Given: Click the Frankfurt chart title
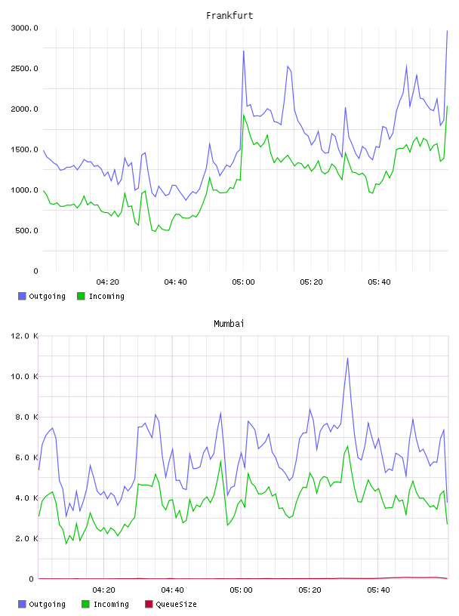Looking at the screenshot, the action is pos(229,16).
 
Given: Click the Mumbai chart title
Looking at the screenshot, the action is pos(229,324).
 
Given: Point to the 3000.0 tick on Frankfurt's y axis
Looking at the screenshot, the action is pos(25,28).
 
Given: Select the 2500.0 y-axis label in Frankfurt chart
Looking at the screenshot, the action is pos(25,69).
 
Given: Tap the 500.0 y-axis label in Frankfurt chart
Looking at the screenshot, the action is pos(26,230).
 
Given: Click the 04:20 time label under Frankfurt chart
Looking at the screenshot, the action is pos(107,282).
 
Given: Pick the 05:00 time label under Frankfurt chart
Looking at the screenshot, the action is pos(243,282).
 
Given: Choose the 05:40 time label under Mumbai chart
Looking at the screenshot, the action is pos(378,590).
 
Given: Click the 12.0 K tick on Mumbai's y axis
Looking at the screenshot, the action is pos(25,336).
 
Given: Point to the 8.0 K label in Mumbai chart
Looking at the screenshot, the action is pos(26,417).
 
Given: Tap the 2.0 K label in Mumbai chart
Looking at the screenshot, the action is pos(26,538).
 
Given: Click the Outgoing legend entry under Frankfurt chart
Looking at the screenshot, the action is pos(42,296).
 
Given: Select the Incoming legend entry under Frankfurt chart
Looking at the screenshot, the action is pos(101,296).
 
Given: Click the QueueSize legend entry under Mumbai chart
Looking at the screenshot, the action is pos(171,604).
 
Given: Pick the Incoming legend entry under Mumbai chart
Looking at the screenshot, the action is pos(106,604).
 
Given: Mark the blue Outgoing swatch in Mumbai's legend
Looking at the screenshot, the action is pos(22,604).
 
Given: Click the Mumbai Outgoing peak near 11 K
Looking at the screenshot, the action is pos(347,359).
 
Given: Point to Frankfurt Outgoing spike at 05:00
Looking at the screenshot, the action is pos(244,51).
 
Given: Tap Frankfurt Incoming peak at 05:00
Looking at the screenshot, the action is pos(244,115).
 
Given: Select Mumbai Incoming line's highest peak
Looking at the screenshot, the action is pos(347,446).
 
